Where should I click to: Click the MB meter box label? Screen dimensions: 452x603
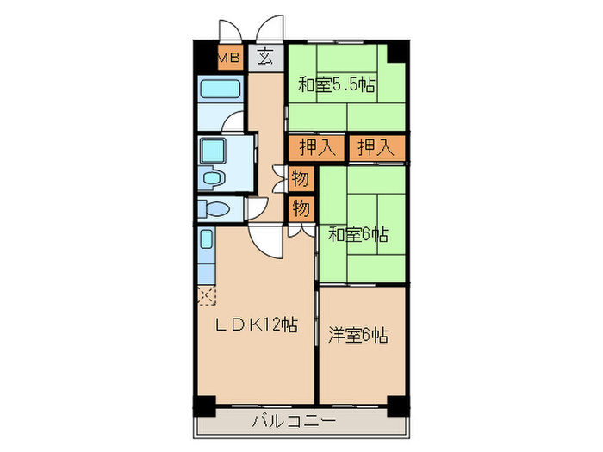[228, 58]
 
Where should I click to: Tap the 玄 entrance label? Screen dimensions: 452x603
[265, 58]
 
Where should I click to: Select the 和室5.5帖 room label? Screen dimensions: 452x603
[338, 84]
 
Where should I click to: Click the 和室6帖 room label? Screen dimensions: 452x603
[357, 232]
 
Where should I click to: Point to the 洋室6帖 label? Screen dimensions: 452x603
[357, 334]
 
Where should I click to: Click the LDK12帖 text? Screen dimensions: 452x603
[256, 325]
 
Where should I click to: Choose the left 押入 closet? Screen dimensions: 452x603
[316, 148]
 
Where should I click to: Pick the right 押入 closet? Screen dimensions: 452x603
[376, 148]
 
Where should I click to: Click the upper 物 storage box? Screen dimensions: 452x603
[301, 179]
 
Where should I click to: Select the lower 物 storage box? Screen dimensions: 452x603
[301, 208]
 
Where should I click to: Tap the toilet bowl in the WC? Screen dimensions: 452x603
[211, 208]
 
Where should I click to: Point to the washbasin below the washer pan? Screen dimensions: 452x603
[212, 178]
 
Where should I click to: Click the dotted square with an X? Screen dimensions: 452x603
[207, 297]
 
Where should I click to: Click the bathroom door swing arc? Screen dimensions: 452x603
[233, 123]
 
